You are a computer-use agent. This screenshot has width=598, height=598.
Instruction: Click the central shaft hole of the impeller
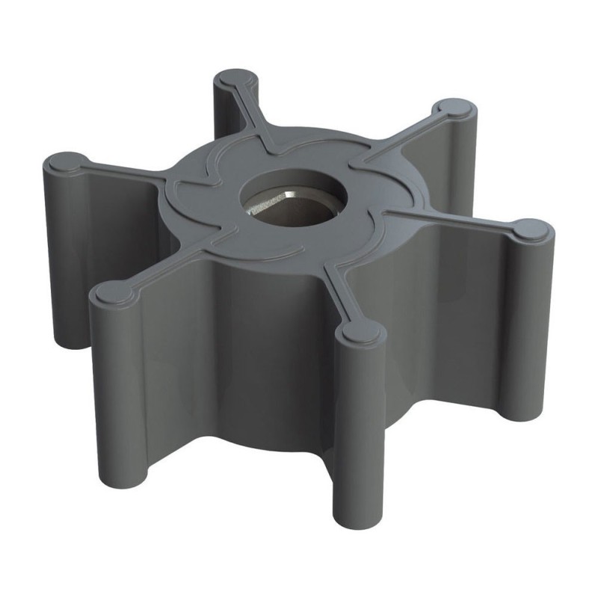click(298, 202)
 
